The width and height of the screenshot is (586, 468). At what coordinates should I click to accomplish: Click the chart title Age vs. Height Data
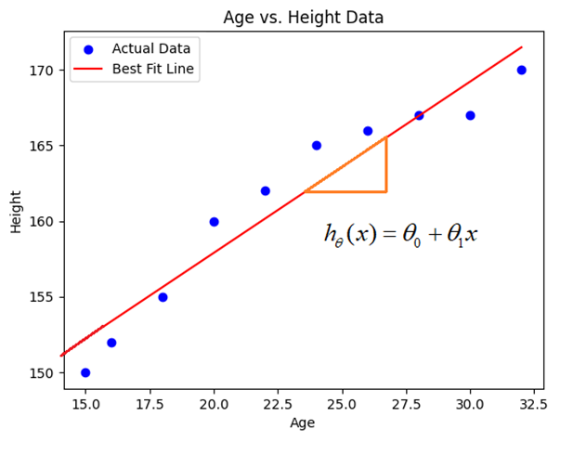pyautogui.click(x=303, y=18)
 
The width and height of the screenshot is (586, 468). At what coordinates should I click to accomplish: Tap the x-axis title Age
pyautogui.click(x=303, y=422)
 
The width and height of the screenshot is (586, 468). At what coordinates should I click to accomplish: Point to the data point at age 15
pyautogui.click(x=85, y=372)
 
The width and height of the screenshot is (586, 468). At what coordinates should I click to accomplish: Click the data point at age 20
pyautogui.click(x=214, y=222)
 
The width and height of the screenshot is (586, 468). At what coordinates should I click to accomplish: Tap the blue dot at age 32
pyautogui.click(x=521, y=70)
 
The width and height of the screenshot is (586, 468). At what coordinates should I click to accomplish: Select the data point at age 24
pyautogui.click(x=317, y=146)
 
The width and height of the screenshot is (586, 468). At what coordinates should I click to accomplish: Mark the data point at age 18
pyautogui.click(x=163, y=297)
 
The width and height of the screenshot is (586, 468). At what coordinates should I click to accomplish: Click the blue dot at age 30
pyautogui.click(x=470, y=115)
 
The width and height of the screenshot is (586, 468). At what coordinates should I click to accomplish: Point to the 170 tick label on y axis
pyautogui.click(x=43, y=71)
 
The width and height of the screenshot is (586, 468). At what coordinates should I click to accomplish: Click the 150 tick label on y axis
pyautogui.click(x=43, y=373)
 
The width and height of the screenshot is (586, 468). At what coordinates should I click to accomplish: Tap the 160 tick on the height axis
pyautogui.click(x=43, y=222)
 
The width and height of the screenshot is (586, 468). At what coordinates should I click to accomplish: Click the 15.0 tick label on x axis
pyautogui.click(x=85, y=405)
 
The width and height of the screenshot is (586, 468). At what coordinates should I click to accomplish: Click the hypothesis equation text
pyautogui.click(x=400, y=235)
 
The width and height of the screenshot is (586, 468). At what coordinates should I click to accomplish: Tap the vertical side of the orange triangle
pyautogui.click(x=385, y=165)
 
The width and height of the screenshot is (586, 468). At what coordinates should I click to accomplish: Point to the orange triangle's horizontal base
pyautogui.click(x=345, y=191)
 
